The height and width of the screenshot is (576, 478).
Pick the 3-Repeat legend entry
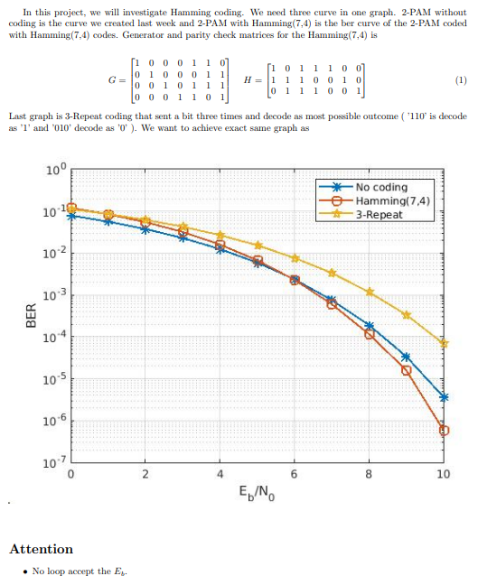coord(380,215)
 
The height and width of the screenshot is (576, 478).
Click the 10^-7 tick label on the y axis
coord(54,462)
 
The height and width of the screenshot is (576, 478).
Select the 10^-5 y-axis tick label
coord(54,378)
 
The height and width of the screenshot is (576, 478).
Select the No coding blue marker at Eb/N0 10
coord(444,397)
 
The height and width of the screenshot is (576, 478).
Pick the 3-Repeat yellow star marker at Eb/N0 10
coord(444,343)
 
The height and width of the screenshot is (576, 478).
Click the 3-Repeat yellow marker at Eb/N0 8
coord(370,292)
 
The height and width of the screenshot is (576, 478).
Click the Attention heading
coord(41,549)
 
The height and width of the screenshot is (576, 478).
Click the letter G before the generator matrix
coord(111,79)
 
